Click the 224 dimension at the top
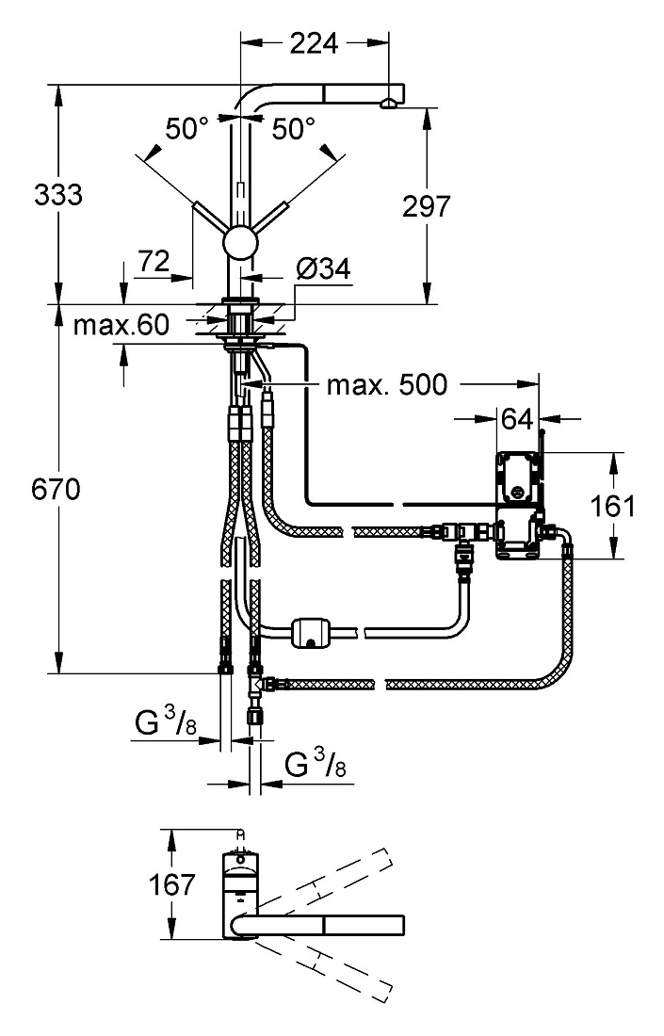[x=314, y=43]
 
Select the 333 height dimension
[x=58, y=195]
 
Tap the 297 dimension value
[x=426, y=207]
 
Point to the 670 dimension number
[x=57, y=490]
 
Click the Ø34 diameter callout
[x=323, y=269]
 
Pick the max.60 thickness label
[x=121, y=325]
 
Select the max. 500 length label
[x=386, y=384]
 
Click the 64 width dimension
[x=517, y=419]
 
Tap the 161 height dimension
[x=612, y=506]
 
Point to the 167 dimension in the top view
[x=171, y=884]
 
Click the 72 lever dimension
[x=154, y=263]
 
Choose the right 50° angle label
[x=293, y=129]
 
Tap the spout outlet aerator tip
[x=388, y=103]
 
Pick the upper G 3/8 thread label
[x=166, y=721]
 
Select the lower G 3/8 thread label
[x=316, y=764]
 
